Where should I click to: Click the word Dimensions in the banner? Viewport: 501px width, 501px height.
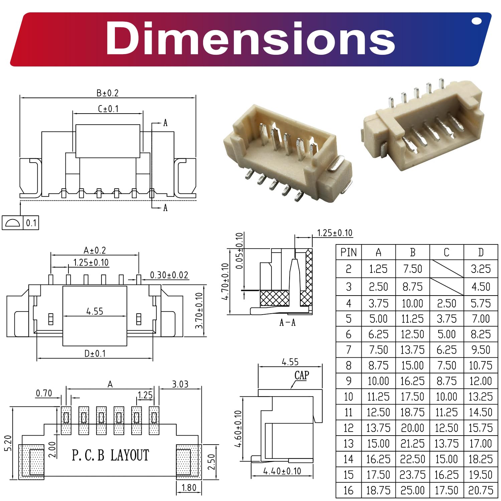pyautogui.click(x=250, y=38)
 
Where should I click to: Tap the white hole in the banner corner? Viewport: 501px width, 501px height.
pyautogui.click(x=477, y=21)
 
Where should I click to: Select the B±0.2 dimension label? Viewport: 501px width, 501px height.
pyautogui.click(x=108, y=93)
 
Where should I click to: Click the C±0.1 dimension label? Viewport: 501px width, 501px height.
pyautogui.click(x=108, y=109)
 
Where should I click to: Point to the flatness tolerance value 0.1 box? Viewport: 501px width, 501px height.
pyautogui.click(x=31, y=223)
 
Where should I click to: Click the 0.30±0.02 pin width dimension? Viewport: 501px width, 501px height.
pyautogui.click(x=169, y=275)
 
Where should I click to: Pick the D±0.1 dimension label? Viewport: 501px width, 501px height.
pyautogui.click(x=95, y=353)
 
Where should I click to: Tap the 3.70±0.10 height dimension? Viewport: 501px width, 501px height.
pyautogui.click(x=199, y=310)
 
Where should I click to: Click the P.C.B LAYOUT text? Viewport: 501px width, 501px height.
pyautogui.click(x=110, y=456)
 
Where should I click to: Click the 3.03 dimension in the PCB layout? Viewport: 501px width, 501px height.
pyautogui.click(x=180, y=384)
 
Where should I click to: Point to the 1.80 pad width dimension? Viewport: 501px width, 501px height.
pyautogui.click(x=189, y=488)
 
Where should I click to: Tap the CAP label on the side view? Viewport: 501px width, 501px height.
pyautogui.click(x=302, y=375)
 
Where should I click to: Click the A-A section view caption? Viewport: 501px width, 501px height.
pyautogui.click(x=287, y=323)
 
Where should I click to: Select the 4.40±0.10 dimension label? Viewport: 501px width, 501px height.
pyautogui.click(x=282, y=471)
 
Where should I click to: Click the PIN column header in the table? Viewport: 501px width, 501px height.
pyautogui.click(x=349, y=253)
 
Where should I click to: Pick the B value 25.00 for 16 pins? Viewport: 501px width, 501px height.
pyautogui.click(x=412, y=490)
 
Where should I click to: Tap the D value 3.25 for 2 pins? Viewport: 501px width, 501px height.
pyautogui.click(x=481, y=269)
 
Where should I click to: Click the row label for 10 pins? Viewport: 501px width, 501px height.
pyautogui.click(x=348, y=396)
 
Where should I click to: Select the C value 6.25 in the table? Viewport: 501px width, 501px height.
pyautogui.click(x=447, y=350)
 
